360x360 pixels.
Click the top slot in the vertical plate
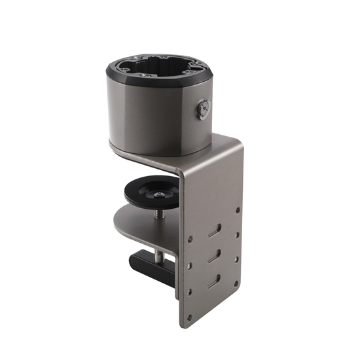pos(215,231)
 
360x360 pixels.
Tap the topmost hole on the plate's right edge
pos(238,210)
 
